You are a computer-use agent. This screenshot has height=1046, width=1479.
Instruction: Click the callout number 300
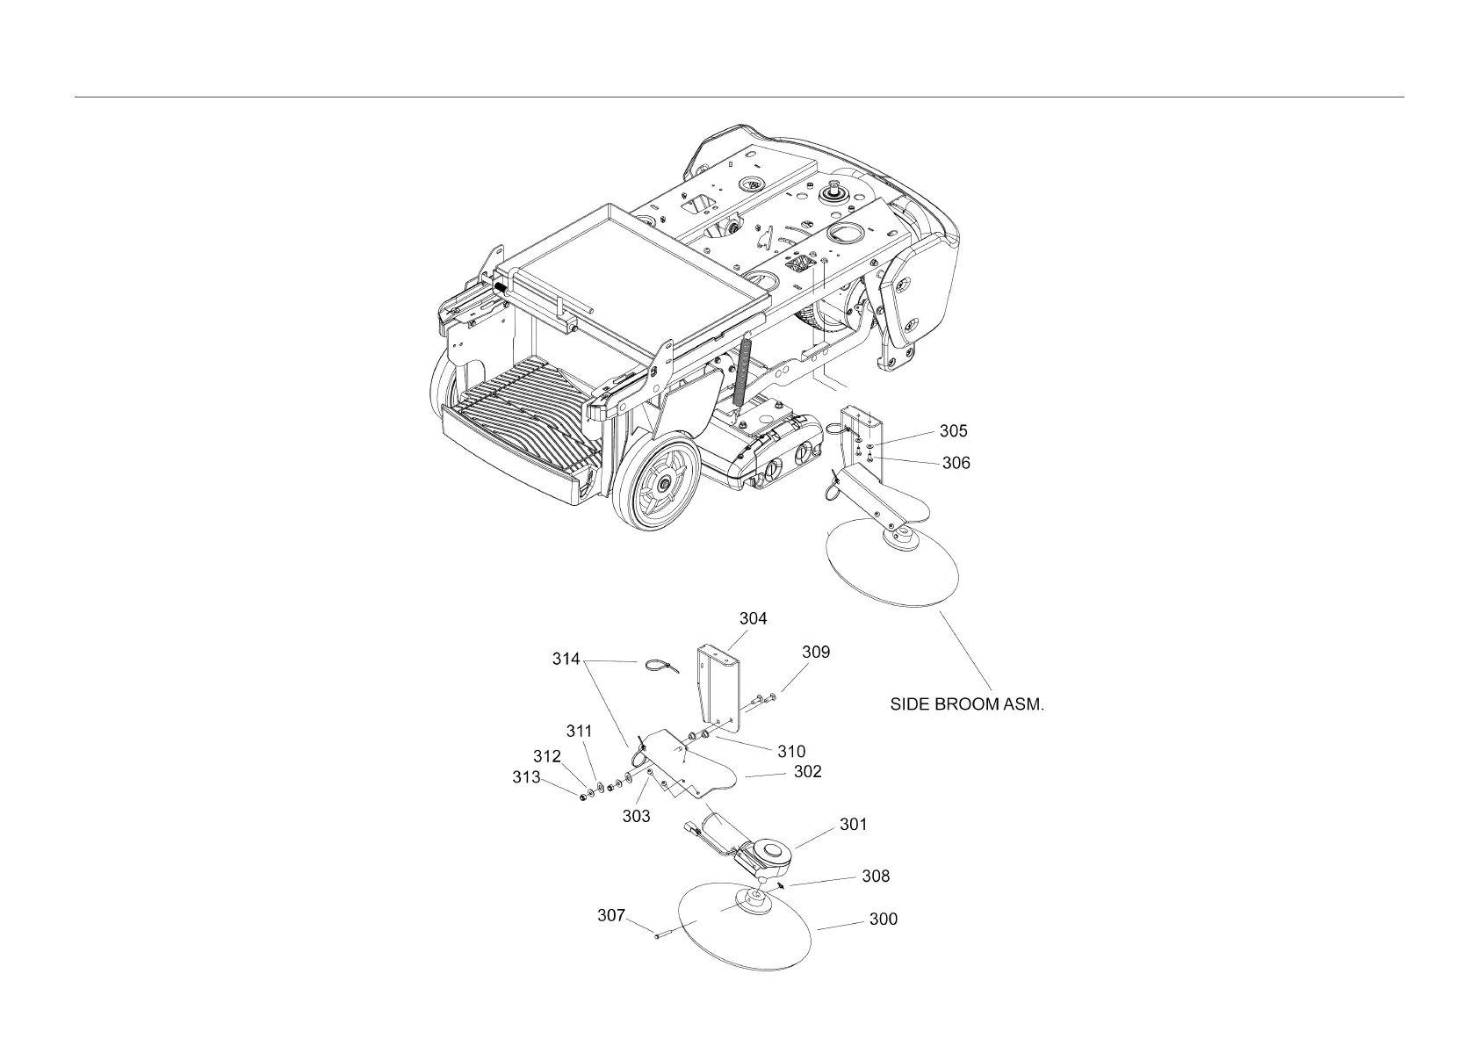click(x=883, y=919)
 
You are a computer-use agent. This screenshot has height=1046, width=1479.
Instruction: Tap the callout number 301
click(x=853, y=825)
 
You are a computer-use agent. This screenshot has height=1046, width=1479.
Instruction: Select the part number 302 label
click(x=807, y=771)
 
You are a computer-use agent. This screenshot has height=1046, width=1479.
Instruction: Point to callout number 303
click(x=636, y=816)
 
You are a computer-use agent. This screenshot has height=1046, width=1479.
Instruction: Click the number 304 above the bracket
click(x=753, y=618)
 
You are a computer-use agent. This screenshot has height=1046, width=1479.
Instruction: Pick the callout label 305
click(x=953, y=431)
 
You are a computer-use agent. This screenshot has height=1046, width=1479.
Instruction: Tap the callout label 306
click(x=956, y=463)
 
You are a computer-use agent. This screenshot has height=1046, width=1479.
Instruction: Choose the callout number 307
click(x=611, y=915)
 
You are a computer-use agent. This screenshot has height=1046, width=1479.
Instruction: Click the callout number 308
click(x=875, y=876)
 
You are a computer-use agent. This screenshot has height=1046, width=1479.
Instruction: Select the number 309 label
click(x=815, y=652)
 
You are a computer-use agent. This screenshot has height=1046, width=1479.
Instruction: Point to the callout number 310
click(x=790, y=751)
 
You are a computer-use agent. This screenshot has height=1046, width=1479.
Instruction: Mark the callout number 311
click(x=579, y=731)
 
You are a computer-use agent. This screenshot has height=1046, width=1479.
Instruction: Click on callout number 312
click(x=546, y=756)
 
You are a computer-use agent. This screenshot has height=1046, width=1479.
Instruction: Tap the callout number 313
click(x=526, y=777)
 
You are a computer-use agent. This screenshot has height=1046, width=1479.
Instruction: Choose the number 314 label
click(x=566, y=660)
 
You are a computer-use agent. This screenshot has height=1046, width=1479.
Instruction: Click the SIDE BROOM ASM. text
click(x=967, y=704)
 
